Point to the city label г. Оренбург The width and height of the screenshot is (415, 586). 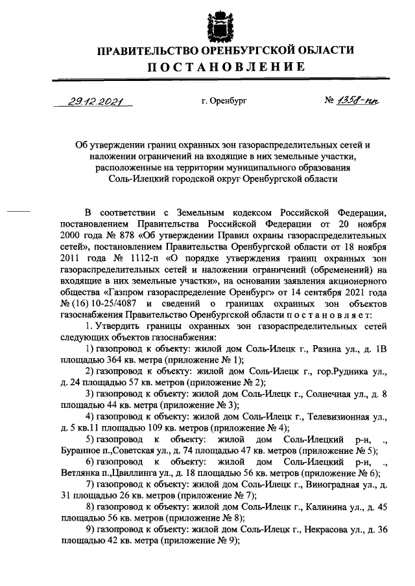[x=224, y=102]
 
